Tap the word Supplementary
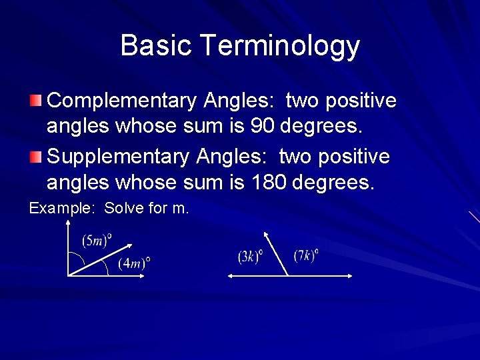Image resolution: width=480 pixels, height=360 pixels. (119, 157)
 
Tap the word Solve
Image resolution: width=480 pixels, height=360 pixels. (124, 208)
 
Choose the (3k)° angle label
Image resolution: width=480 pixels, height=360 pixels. (250, 256)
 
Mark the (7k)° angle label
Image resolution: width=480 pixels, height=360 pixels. (305, 255)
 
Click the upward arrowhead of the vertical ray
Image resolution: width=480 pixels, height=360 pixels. (68, 225)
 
